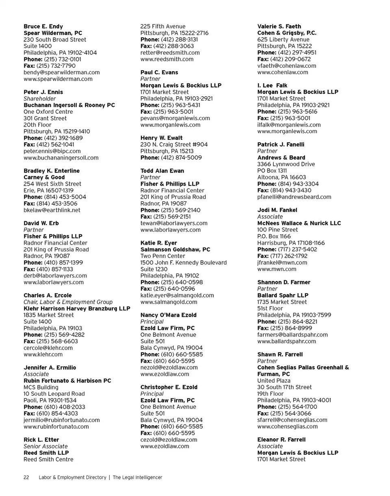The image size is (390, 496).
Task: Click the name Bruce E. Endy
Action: click(43, 26)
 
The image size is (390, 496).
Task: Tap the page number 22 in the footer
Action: click(26, 477)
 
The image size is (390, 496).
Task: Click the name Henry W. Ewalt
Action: click(161, 138)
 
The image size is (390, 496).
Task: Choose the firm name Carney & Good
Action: click(44, 178)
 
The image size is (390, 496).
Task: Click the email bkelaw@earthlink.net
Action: click(52, 210)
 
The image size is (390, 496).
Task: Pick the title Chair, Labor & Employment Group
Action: click(68, 302)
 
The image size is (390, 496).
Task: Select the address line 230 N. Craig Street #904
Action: click(174, 145)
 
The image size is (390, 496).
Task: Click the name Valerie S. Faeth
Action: click(279, 26)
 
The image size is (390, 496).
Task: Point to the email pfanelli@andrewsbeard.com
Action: click(294, 197)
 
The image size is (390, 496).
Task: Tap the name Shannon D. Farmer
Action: click(284, 282)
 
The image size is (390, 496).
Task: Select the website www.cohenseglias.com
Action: click(288, 427)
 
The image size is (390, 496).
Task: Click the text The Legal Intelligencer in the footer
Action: click(137, 477)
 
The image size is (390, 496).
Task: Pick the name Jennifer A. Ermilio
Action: click(50, 368)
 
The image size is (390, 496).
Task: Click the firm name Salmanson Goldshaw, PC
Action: click(175, 249)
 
